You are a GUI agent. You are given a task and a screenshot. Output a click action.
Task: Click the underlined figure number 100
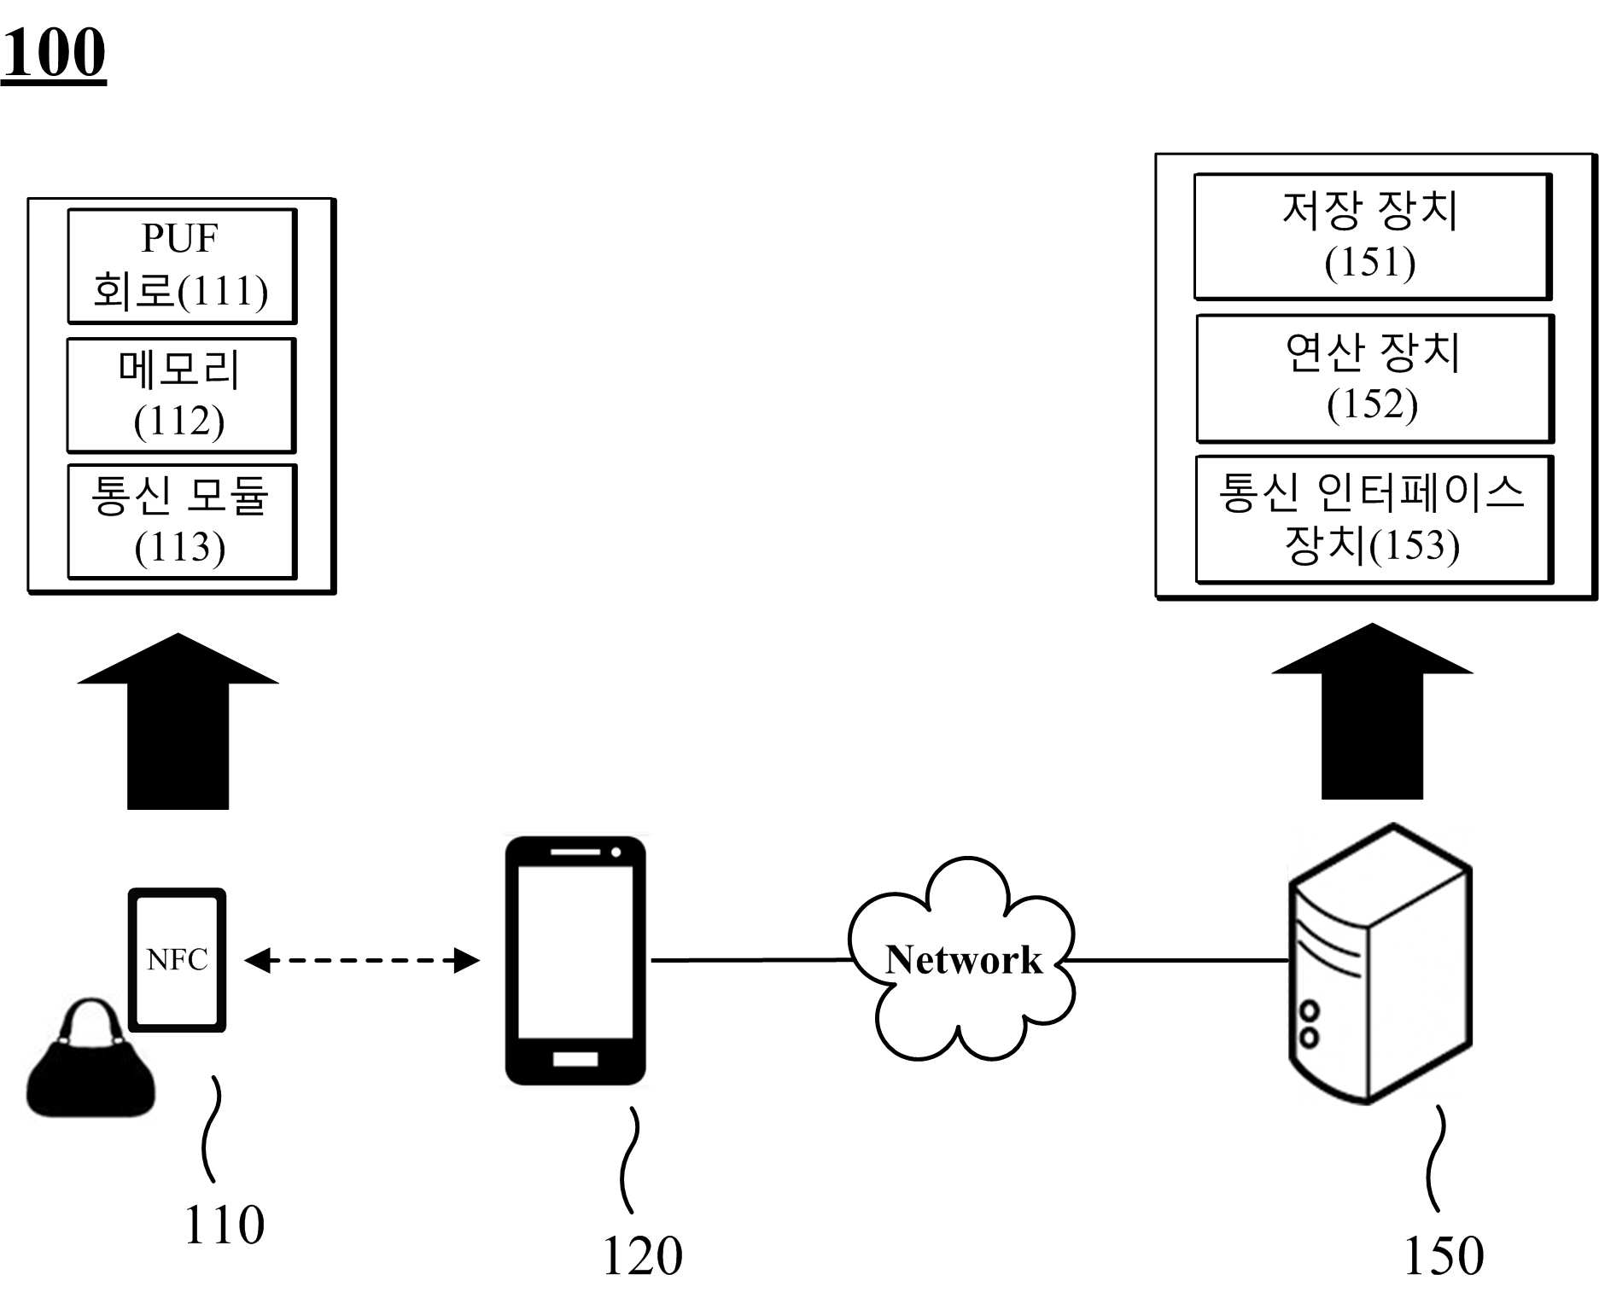coord(54,54)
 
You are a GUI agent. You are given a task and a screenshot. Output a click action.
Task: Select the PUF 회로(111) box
coord(182,266)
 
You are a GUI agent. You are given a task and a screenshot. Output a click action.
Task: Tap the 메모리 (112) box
coord(181,395)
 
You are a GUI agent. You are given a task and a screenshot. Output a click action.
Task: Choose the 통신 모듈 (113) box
coord(182,521)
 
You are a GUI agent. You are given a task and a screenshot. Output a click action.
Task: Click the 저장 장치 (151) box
coord(1373,236)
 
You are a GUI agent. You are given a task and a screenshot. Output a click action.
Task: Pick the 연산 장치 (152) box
coord(1374,378)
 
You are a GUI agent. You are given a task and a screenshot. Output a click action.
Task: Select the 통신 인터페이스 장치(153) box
coord(1374,519)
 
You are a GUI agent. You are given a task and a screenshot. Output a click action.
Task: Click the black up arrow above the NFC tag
coord(178,721)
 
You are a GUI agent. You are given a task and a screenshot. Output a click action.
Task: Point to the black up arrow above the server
coord(1372,712)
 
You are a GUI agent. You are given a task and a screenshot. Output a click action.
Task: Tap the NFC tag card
coord(177,960)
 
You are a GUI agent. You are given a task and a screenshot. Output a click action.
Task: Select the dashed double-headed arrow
coord(362,960)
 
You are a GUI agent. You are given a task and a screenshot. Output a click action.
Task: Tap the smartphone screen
coord(575,952)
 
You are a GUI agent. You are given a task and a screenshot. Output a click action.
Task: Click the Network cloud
coord(962,959)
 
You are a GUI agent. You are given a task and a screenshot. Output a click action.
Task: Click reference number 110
coord(225,1225)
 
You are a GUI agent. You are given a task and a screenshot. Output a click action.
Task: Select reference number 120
coord(642,1255)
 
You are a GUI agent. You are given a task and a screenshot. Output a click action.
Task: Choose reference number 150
coord(1444,1255)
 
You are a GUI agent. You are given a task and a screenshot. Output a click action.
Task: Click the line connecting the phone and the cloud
coord(751,960)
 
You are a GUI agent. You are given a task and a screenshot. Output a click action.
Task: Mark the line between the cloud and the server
coord(1179,960)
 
